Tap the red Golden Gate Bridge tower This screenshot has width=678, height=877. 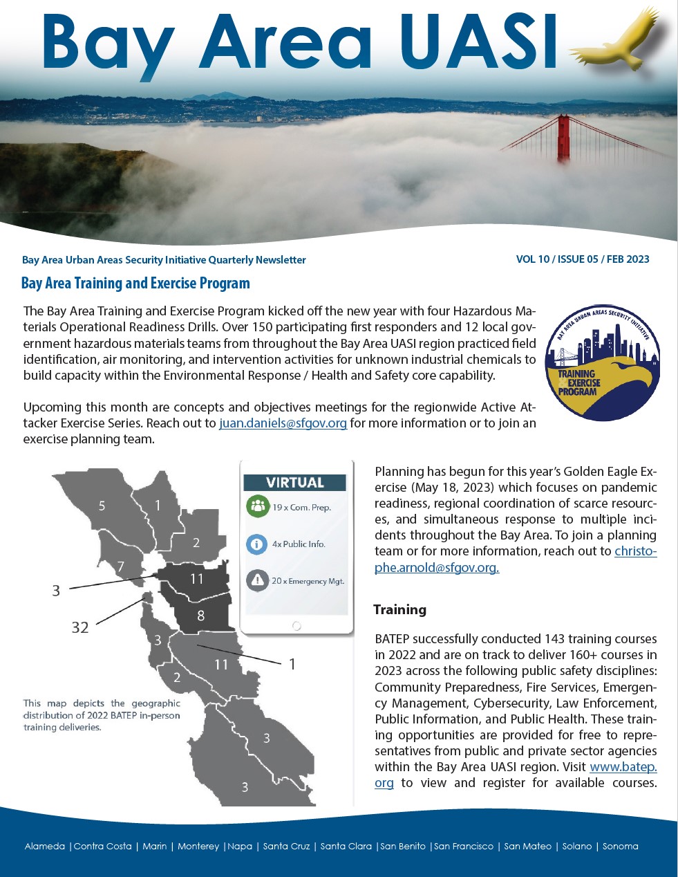pyautogui.click(x=563, y=138)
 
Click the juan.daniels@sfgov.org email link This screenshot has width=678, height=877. pyautogui.click(x=283, y=423)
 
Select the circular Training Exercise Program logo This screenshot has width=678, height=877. pyautogui.click(x=602, y=363)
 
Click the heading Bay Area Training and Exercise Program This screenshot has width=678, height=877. pyautogui.click(x=135, y=283)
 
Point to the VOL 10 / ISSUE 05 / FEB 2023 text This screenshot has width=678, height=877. pyautogui.click(x=583, y=259)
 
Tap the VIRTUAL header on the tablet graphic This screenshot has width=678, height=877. pyautogui.click(x=295, y=482)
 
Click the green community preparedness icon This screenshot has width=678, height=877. pyautogui.click(x=257, y=506)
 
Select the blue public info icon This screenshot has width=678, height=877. pyautogui.click(x=257, y=544)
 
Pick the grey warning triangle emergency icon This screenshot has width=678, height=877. pyautogui.click(x=257, y=580)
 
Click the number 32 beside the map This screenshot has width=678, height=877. pyautogui.click(x=80, y=627)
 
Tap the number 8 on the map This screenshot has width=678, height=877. pyautogui.click(x=200, y=616)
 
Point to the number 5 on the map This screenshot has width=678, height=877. pyautogui.click(x=102, y=506)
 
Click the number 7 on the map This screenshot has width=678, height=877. pyautogui.click(x=121, y=567)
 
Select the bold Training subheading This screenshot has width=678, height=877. pyautogui.click(x=399, y=609)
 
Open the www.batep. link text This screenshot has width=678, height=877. pyautogui.click(x=623, y=767)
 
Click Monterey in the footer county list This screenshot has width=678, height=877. pyautogui.click(x=198, y=847)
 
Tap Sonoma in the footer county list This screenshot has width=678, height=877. pyautogui.click(x=620, y=847)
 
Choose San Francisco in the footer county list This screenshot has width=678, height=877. pyautogui.click(x=464, y=847)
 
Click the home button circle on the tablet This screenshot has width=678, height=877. pyautogui.click(x=296, y=625)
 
